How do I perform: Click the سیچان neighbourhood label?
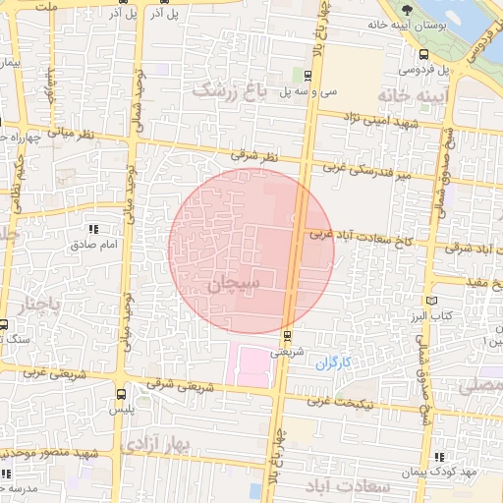[x=235, y=284]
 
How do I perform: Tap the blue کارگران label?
[x=334, y=363]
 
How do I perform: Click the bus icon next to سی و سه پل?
[x=308, y=75]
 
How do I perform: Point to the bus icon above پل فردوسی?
[x=422, y=55]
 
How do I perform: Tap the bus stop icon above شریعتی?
[x=287, y=334]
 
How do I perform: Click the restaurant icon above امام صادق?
[x=95, y=229]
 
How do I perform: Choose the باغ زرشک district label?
[x=229, y=91]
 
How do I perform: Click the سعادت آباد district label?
[x=350, y=487]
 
